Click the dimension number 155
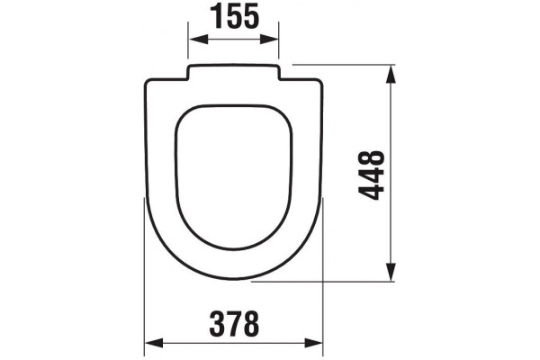point(234,16)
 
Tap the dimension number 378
point(234,323)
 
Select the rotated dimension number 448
point(371,175)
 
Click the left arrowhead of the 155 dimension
point(198,40)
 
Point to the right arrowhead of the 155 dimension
point(268,40)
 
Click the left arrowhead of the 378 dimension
point(154,343)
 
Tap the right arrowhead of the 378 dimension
point(313,343)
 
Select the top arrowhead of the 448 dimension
point(391,74)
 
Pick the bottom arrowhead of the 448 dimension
point(391,272)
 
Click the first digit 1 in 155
point(218,16)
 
